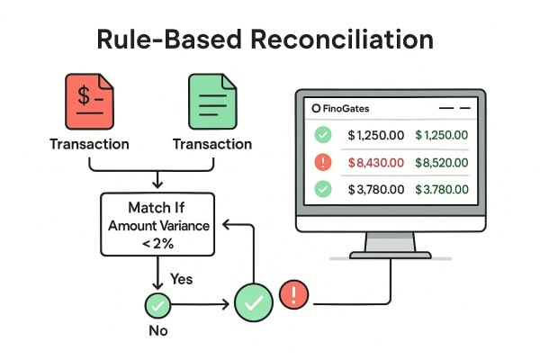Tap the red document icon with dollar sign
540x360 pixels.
point(89,101)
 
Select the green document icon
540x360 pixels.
point(211,101)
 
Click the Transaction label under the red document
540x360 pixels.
point(89,144)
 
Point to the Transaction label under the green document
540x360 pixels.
point(211,144)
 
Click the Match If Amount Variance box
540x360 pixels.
point(157,225)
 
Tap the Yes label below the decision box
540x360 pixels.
point(182,280)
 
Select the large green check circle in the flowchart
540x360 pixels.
point(253,303)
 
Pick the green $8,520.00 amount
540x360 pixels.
point(442,163)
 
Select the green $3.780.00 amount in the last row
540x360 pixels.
point(442,190)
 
